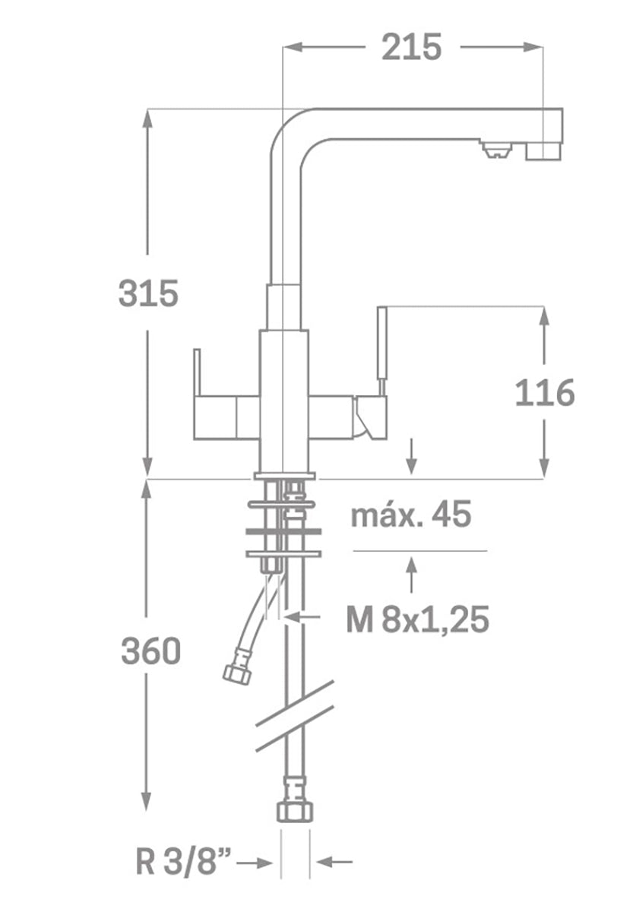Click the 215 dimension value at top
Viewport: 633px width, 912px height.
pos(411,47)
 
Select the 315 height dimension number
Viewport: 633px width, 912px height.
pos(148,293)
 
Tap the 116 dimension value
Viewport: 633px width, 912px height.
pos(544,393)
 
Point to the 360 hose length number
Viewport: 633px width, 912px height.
pos(150,651)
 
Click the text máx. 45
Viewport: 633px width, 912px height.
pos(411,515)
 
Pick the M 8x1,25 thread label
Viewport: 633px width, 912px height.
pos(417,620)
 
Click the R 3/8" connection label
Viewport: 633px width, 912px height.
pos(183,863)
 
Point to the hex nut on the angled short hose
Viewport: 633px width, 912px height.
pos(236,673)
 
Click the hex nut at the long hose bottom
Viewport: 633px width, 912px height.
pos(295,810)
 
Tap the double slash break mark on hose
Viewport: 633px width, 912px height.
pos(296,715)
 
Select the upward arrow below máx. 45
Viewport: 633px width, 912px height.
pos(411,574)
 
